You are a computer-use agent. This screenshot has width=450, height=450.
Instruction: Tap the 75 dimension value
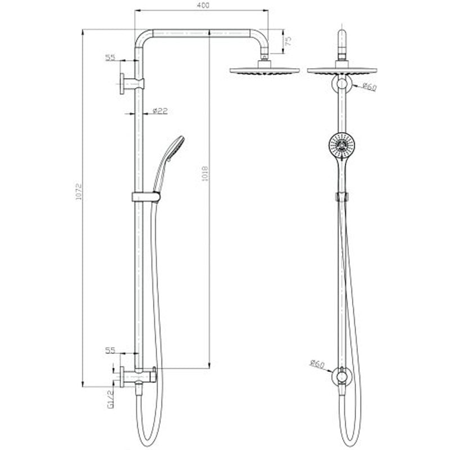pyautogui.click(x=287, y=41)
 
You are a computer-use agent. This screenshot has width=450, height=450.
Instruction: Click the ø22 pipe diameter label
pyautogui.click(x=160, y=111)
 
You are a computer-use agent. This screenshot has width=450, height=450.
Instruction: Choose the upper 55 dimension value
pyautogui.click(x=110, y=57)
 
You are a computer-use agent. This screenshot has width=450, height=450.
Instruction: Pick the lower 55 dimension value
pyautogui.click(x=110, y=350)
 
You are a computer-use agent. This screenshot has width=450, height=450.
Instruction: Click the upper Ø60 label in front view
pyautogui.click(x=369, y=87)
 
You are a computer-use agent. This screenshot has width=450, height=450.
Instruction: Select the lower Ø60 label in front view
pyautogui.click(x=317, y=364)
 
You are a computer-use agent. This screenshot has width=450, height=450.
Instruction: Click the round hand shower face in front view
pyautogui.click(x=340, y=146)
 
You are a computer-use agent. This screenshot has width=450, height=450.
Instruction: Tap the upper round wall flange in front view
pyautogui.click(x=341, y=85)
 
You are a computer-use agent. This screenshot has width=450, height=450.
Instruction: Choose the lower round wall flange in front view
pyautogui.click(x=341, y=375)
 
